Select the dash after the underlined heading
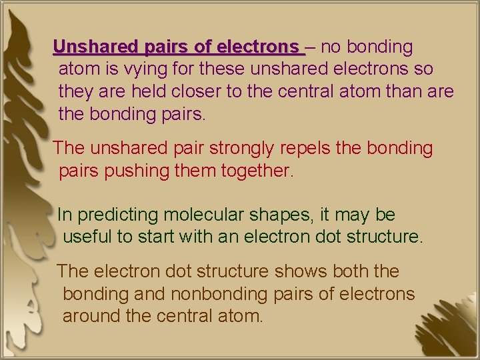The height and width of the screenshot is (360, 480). [x=310, y=48]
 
